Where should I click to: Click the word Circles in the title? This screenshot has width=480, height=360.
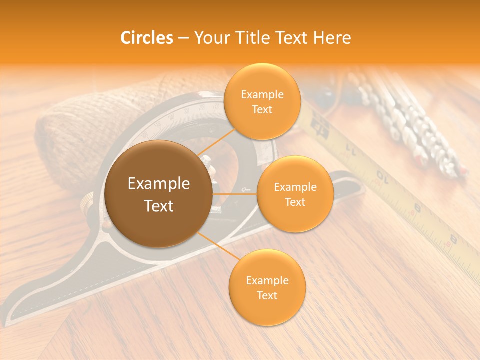147,38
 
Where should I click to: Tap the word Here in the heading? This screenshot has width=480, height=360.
332,38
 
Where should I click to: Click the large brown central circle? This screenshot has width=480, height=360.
158,194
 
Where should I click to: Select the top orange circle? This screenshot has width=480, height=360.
262,101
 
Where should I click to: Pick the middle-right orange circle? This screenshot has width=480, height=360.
295,194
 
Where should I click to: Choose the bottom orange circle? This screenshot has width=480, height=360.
267,287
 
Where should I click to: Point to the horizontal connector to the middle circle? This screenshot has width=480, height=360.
235,194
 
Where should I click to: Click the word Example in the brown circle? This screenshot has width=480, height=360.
158,184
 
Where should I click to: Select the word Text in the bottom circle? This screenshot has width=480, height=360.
267,295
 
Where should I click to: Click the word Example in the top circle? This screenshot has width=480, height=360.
262,94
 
